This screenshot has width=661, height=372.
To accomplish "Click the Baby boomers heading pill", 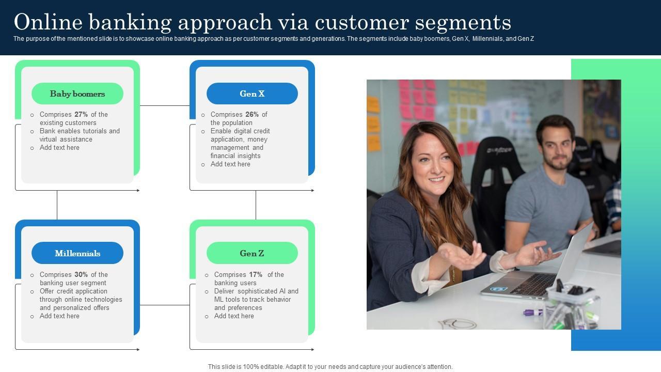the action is (x=77, y=94).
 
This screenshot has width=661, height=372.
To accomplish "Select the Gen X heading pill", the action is (x=252, y=94).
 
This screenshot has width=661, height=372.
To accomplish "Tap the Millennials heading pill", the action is (x=77, y=253).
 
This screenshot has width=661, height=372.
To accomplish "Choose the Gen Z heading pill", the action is (x=252, y=253).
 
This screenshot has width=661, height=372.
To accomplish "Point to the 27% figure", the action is (x=81, y=115).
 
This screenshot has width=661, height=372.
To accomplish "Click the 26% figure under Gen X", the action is (x=252, y=115).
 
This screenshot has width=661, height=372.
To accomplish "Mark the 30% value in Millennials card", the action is (x=81, y=275).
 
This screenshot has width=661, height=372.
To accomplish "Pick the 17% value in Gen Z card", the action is (x=256, y=275).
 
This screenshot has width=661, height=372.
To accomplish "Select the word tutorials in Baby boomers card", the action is (x=95, y=131).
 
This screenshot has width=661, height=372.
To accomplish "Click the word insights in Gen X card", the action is (x=249, y=156).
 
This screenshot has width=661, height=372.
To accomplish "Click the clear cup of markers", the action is (x=571, y=307).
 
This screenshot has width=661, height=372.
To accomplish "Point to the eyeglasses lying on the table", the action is (x=457, y=324).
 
